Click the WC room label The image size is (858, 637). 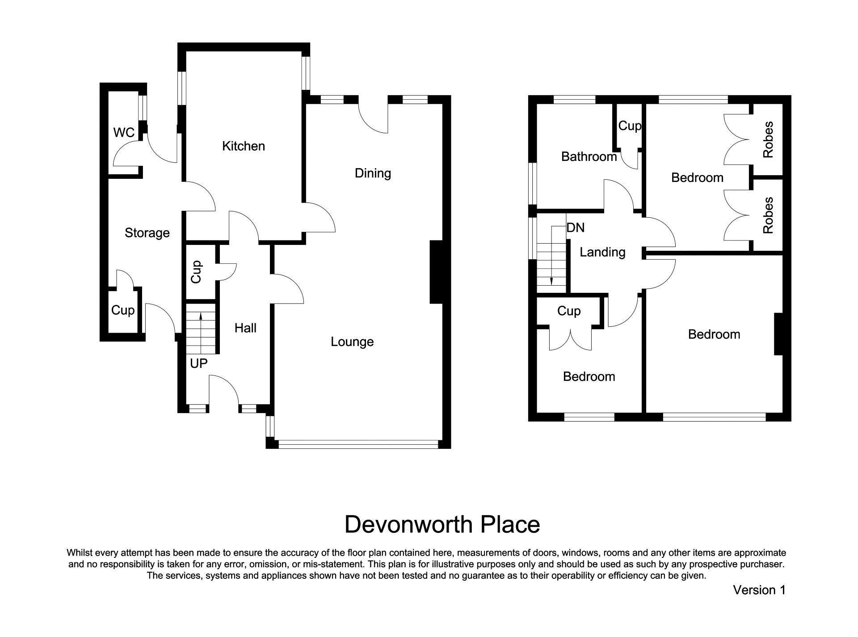tap(124, 133)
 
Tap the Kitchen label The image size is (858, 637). tap(244, 146)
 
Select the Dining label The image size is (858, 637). tap(373, 173)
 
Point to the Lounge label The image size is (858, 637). tap(352, 342)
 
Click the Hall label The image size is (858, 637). tap(245, 328)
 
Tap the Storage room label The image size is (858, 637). tap(147, 233)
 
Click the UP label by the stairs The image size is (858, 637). tap(198, 363)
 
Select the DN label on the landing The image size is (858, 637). tap(575, 228)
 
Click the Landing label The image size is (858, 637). tap(602, 252)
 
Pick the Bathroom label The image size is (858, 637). tap(589, 156)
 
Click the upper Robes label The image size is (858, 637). tap(768, 140)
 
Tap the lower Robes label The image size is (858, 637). tap(768, 216)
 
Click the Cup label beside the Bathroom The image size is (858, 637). tap(630, 126)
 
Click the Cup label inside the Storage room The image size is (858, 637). tap(122, 310)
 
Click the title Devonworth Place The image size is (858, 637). tap(442, 524)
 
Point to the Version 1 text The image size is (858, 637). tap(759, 590)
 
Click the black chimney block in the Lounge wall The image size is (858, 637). tap(436, 272)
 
